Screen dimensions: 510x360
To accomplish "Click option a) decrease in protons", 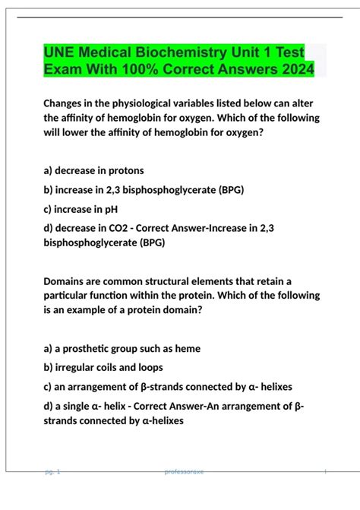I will point(93,170).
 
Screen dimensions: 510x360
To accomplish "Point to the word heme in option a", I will point(187,348).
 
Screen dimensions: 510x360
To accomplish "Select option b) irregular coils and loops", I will point(109,367).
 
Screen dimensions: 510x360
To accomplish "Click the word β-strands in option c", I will point(159,387).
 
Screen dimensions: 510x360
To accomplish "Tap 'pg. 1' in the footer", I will point(52,472).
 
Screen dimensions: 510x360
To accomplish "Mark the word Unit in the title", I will point(236,53).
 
